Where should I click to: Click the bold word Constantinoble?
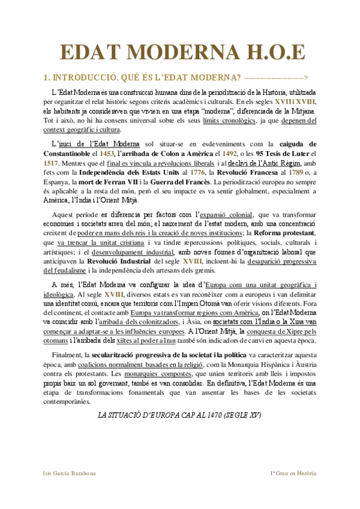pyautogui.click(x=70, y=154)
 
